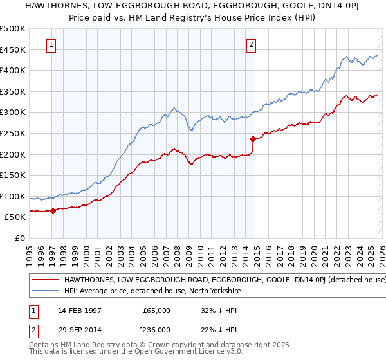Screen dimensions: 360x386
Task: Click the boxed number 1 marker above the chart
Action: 51,45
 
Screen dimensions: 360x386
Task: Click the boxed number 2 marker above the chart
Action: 251,45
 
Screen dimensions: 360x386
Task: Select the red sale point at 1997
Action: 53,211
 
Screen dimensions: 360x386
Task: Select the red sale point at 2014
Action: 253,139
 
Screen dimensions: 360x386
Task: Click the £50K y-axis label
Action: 15,218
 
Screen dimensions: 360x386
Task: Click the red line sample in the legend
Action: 46,280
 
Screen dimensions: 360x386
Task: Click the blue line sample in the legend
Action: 46,291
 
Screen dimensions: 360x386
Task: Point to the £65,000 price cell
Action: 156,310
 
